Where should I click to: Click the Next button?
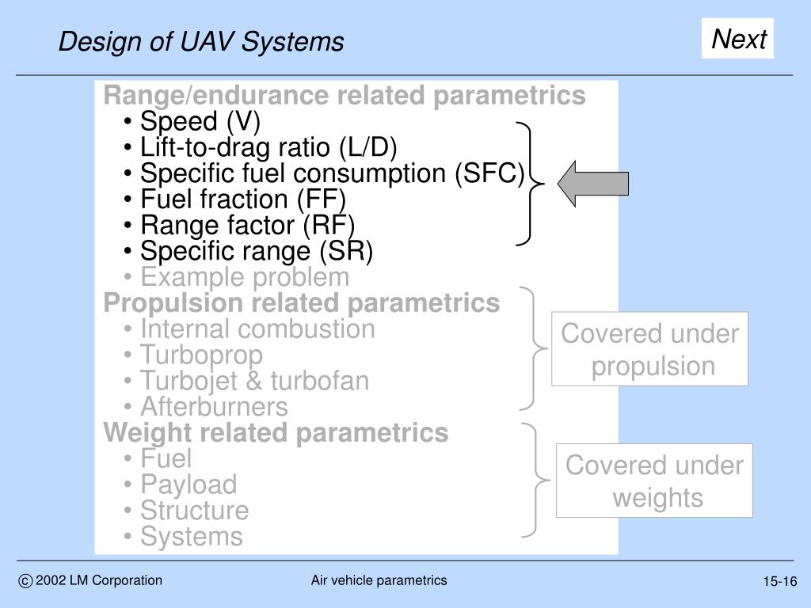point(737,39)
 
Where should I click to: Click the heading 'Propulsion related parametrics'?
point(302,303)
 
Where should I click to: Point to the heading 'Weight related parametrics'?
point(276,433)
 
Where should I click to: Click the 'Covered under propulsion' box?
point(649,350)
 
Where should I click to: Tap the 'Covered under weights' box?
point(654,481)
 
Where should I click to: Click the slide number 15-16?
point(780,582)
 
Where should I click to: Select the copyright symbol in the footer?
point(25,582)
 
